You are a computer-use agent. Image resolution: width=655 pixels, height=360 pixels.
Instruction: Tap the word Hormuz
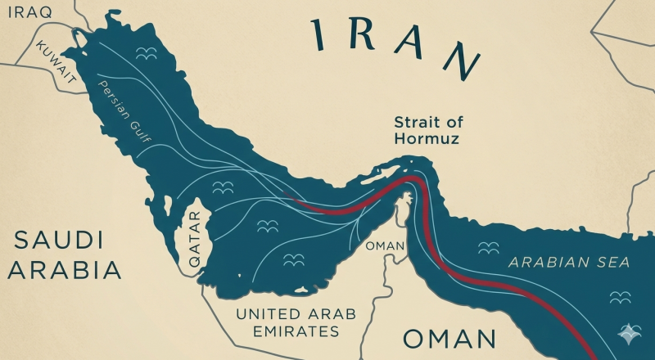[x=426, y=139]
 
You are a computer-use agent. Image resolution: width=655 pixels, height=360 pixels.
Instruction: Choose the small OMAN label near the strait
[x=385, y=245]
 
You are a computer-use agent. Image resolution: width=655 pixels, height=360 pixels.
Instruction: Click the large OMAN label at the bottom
[x=449, y=339]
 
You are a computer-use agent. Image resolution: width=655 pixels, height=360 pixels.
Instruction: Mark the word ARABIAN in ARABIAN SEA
[x=549, y=263]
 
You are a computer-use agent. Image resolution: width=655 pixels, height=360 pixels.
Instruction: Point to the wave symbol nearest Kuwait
[x=145, y=54]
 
